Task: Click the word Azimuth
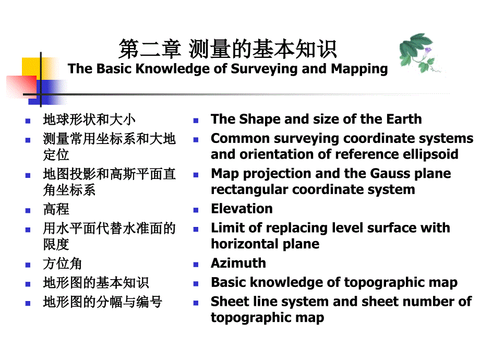(x=238, y=263)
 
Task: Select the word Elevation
(x=242, y=209)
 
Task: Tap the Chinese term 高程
(x=56, y=209)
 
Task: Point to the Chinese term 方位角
(x=62, y=263)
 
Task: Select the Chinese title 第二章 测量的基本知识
(x=227, y=50)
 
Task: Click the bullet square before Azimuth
(x=196, y=265)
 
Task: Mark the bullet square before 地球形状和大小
(x=28, y=121)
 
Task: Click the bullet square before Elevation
(x=196, y=210)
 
